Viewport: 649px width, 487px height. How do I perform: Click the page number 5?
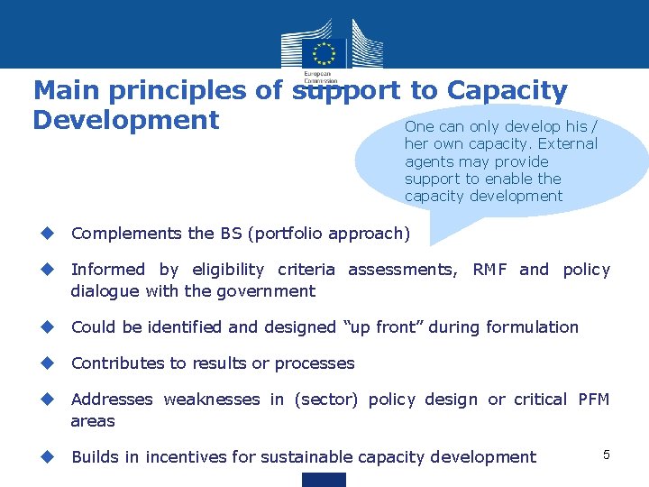tap(607, 455)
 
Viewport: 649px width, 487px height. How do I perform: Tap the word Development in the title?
tap(126, 120)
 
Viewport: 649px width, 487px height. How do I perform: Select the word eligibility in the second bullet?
tap(228, 269)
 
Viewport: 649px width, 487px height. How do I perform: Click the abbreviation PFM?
tap(594, 399)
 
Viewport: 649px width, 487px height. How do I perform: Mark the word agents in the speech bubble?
tap(429, 161)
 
